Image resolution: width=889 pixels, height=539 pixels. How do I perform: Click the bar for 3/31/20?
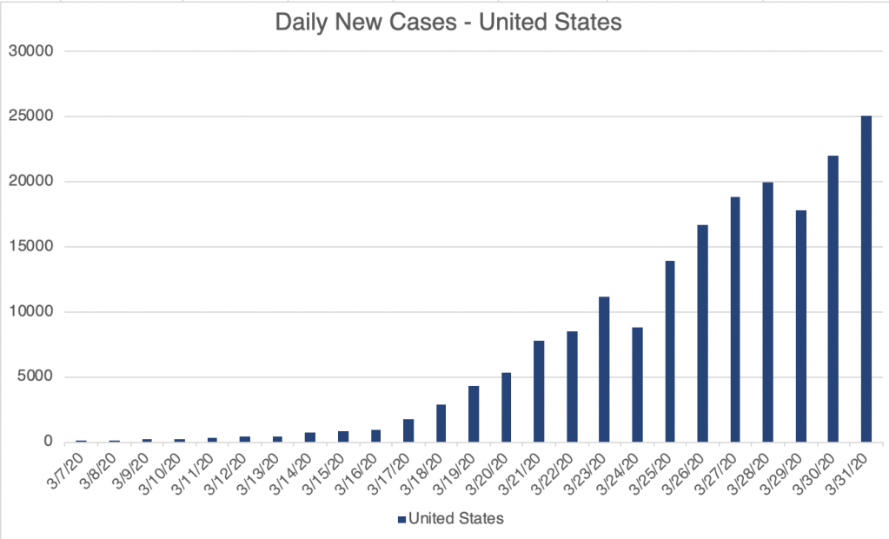(x=866, y=278)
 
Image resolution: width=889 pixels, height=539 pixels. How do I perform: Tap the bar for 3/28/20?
(x=767, y=312)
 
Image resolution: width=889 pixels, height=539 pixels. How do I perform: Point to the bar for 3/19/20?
(x=474, y=414)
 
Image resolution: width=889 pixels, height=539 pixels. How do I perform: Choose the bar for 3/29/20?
(x=800, y=326)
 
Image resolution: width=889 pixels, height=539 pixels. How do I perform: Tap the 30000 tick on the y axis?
(x=31, y=51)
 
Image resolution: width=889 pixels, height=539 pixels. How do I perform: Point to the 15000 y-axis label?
(x=31, y=247)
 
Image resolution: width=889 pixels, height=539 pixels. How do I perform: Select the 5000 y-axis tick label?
(x=36, y=377)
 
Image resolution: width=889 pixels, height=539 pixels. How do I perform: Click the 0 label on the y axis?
(x=49, y=443)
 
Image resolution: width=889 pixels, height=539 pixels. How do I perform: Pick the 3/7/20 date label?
(x=70, y=472)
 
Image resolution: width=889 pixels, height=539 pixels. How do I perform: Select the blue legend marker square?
(x=401, y=519)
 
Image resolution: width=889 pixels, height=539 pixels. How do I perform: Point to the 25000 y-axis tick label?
(x=31, y=116)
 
